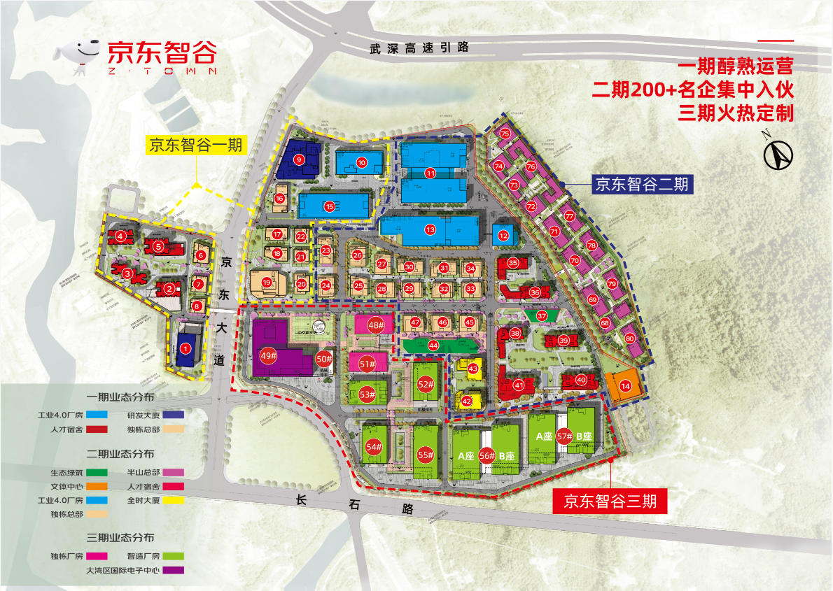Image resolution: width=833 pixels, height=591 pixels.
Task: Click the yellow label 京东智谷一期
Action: [195, 145]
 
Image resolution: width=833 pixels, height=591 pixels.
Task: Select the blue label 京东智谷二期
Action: [642, 185]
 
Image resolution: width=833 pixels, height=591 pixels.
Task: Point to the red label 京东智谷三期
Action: [609, 501]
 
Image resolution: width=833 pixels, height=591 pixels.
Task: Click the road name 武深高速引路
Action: [419, 48]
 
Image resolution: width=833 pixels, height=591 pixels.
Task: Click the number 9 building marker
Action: [299, 159]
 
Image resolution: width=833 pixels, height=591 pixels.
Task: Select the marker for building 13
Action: [430, 229]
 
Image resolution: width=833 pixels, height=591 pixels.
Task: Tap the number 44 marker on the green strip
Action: [433, 346]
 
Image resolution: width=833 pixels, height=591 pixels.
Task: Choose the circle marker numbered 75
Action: [505, 134]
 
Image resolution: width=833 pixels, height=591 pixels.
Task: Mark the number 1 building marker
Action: [185, 348]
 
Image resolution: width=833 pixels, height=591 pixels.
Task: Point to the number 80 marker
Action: [630, 339]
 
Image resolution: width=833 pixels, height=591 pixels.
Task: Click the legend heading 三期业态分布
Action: [120, 537]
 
